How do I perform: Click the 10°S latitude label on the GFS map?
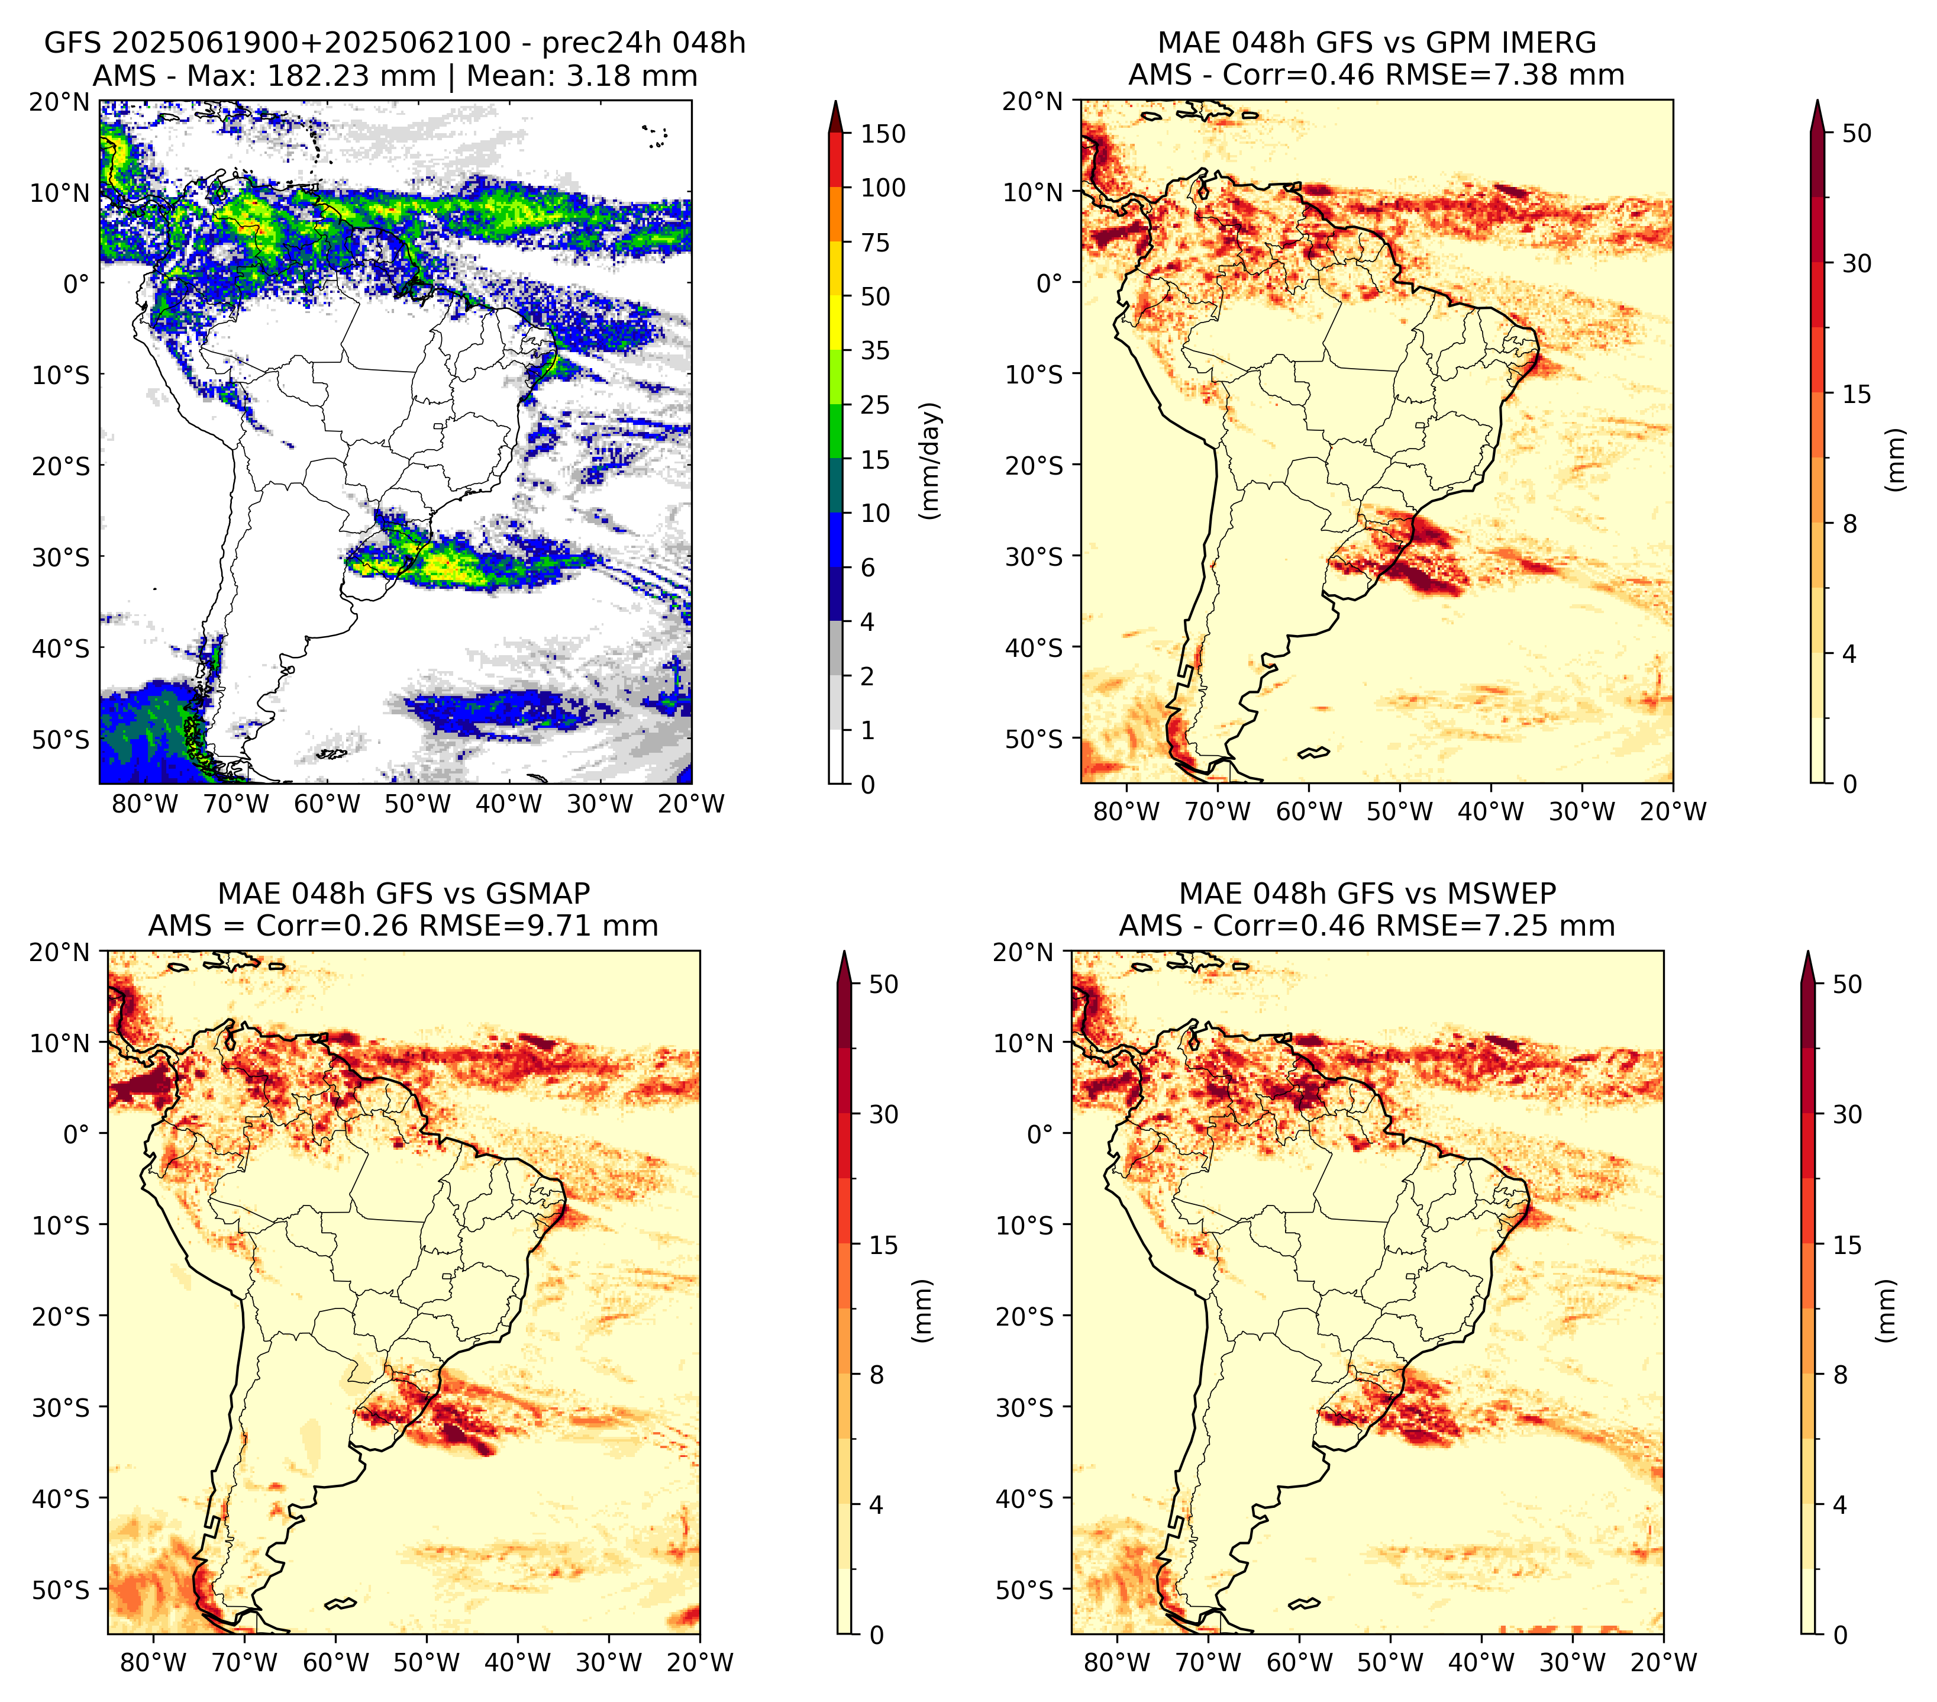click(61, 375)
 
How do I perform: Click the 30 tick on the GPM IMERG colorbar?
click(1857, 263)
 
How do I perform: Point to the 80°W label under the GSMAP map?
click(153, 1663)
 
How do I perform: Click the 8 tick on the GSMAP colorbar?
click(877, 1375)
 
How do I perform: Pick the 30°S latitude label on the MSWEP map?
click(1025, 1407)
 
